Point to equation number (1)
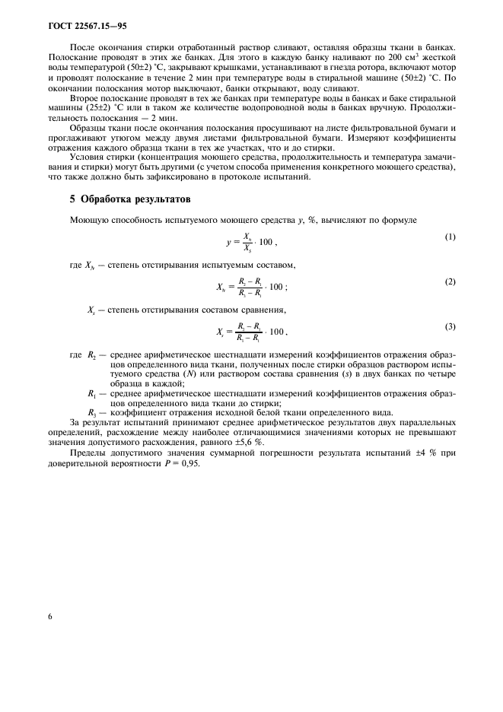(x=450, y=237)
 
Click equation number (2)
(x=450, y=281)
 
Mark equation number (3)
(x=450, y=326)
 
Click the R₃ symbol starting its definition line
(x=94, y=412)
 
